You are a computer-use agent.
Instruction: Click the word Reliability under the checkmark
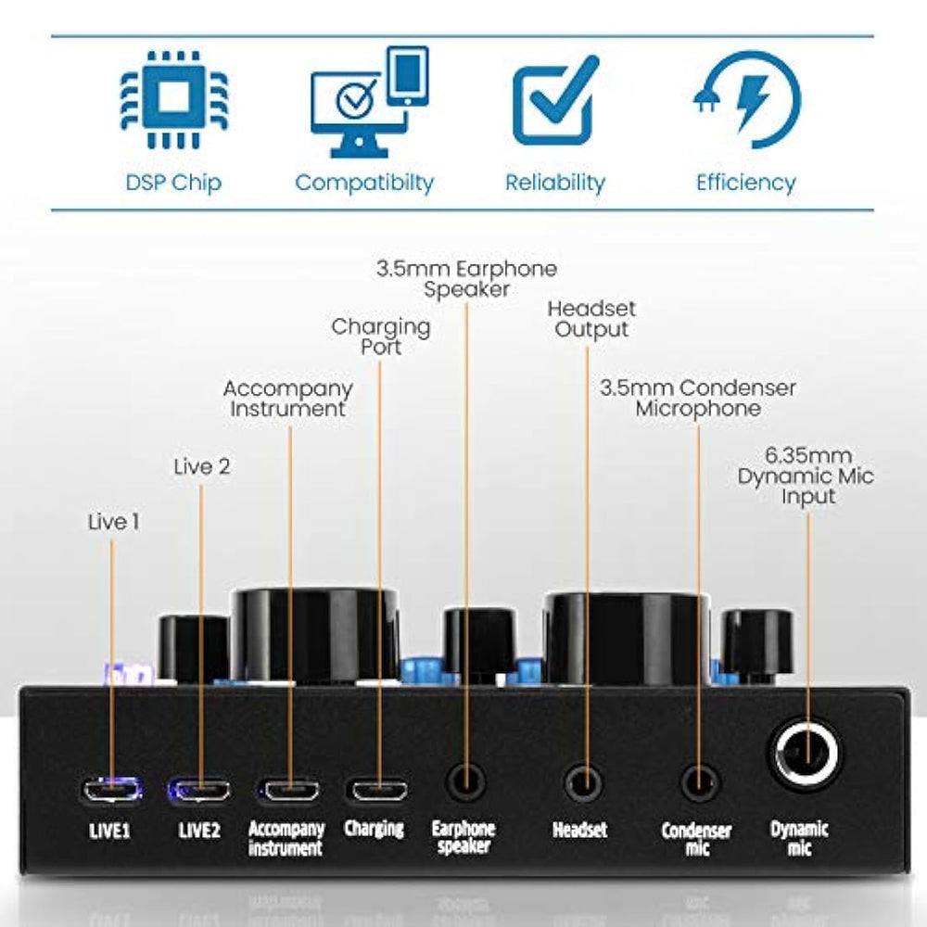555,183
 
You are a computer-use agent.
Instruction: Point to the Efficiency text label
745,183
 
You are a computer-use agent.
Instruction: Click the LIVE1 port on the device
111,791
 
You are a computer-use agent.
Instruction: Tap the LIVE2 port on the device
201,791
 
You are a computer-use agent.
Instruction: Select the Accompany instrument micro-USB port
290,791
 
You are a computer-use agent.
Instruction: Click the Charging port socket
377,791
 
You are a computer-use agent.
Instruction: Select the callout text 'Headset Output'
591,318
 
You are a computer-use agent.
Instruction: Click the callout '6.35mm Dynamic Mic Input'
805,476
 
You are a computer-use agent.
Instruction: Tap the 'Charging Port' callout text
380,337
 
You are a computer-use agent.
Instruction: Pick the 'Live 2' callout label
201,466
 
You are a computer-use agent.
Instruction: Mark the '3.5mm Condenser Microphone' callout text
697,397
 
